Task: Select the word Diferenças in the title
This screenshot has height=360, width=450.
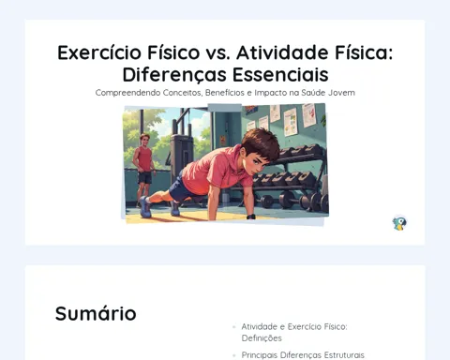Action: coord(174,75)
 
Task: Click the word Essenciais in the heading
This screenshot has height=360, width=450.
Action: coord(280,74)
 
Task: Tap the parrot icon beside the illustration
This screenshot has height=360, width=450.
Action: coord(399,223)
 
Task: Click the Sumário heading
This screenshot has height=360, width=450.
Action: coord(96,313)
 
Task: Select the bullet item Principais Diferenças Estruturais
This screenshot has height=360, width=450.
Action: coord(303,355)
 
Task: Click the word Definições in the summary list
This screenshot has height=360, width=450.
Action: coord(262,338)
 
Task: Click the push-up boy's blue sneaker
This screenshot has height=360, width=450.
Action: coord(145,207)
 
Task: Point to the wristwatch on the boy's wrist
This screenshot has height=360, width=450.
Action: coord(251,217)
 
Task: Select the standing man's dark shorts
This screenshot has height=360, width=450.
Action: coord(144,177)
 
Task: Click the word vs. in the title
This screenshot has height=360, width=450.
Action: coord(218,52)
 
